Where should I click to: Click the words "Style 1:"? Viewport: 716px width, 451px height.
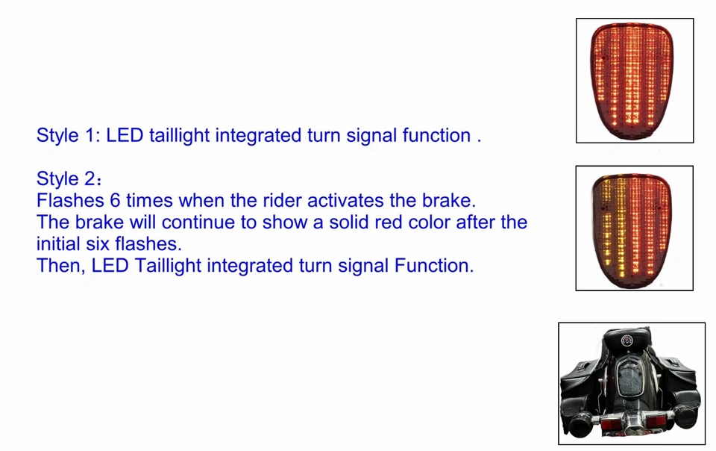click(x=69, y=136)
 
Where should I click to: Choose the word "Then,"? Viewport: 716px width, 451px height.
click(x=60, y=266)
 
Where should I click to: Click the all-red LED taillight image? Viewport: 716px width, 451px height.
click(x=635, y=80)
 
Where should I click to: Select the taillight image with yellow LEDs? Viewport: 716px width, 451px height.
click(x=635, y=228)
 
